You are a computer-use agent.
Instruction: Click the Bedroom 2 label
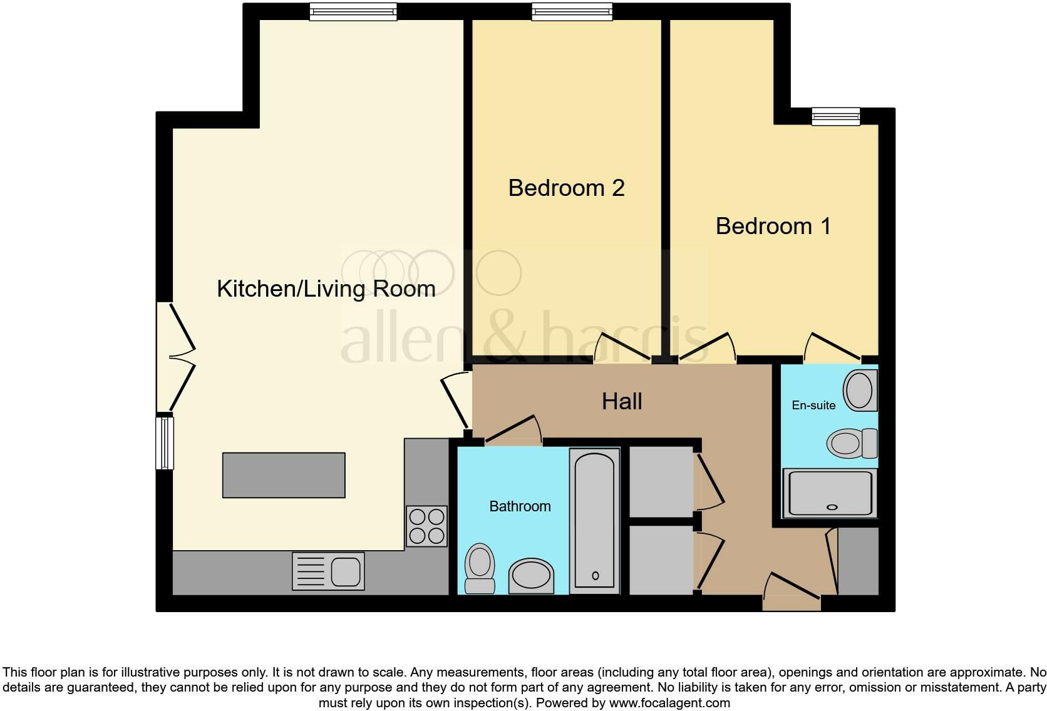coord(566,188)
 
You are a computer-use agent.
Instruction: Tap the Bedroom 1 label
coord(773,226)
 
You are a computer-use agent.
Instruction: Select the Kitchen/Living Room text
coord(326,289)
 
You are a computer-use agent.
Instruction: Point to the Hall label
coord(622,401)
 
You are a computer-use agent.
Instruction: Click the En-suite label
coord(813,405)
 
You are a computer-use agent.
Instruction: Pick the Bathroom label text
coord(520,506)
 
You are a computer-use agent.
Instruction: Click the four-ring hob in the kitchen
coord(427,526)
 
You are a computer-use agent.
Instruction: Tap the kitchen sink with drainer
coord(328,571)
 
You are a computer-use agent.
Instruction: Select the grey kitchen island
coord(284,475)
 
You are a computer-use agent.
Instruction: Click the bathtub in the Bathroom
coord(594,519)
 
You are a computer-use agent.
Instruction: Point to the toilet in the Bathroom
coord(480,568)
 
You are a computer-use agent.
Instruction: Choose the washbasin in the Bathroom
coord(531,576)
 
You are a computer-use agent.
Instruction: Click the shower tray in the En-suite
coord(830,494)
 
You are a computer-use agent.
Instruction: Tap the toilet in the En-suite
coord(852,443)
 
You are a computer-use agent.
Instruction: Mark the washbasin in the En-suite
coord(860,391)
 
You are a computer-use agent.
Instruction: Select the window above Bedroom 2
coord(571,11)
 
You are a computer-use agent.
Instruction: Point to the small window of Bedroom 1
coord(835,116)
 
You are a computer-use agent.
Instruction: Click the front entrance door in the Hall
coord(792,591)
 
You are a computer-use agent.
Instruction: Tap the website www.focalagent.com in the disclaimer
coord(669,703)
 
